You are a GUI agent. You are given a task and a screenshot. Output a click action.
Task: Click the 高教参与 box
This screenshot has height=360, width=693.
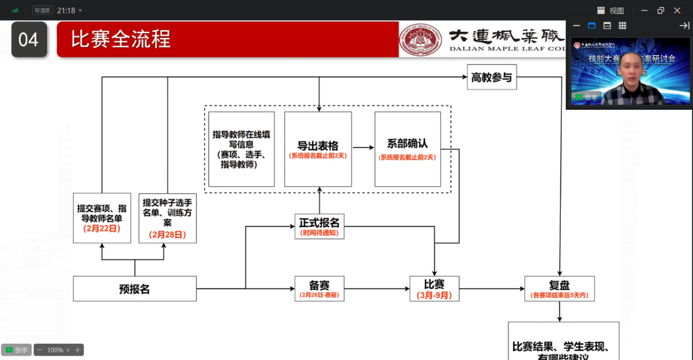[x=492, y=77]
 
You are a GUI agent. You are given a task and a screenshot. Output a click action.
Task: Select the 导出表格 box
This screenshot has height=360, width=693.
[x=318, y=149]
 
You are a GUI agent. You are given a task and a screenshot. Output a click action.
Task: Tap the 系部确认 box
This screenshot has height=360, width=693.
[x=407, y=149]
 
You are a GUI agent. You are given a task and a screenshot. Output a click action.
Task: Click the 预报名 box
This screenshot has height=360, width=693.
[x=134, y=288]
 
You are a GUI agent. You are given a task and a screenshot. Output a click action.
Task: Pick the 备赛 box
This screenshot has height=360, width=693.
[x=319, y=288]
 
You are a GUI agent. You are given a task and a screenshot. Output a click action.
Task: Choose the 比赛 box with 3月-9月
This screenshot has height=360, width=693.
[x=434, y=288]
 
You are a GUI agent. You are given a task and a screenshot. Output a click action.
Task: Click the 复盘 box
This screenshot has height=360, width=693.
[x=559, y=288]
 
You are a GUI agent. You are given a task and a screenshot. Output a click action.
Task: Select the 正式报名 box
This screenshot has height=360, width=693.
[x=319, y=226]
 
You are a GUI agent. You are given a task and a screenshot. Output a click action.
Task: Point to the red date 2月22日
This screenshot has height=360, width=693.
[x=102, y=228]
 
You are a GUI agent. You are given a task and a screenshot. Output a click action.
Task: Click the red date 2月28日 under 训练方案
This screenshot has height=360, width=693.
[x=167, y=234]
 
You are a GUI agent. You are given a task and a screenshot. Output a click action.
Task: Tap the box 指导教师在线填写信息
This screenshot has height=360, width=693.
[x=242, y=149]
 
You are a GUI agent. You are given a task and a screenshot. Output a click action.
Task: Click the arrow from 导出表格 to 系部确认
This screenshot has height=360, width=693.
[x=363, y=147]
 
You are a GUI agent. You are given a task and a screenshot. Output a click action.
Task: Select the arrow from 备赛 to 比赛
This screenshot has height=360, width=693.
[x=377, y=288]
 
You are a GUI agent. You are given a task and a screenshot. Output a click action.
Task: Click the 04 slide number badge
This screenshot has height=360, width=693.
[x=28, y=39]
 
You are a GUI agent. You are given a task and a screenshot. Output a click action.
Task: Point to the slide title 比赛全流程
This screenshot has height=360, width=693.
[x=120, y=39]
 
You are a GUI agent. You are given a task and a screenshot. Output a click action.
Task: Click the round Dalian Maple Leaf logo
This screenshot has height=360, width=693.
[x=420, y=39]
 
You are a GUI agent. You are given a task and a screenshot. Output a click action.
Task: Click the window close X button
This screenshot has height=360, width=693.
[x=677, y=10]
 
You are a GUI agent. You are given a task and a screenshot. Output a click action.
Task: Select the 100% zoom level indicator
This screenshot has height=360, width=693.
[x=55, y=350]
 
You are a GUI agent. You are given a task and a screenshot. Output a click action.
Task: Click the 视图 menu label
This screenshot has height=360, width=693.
[x=616, y=10]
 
